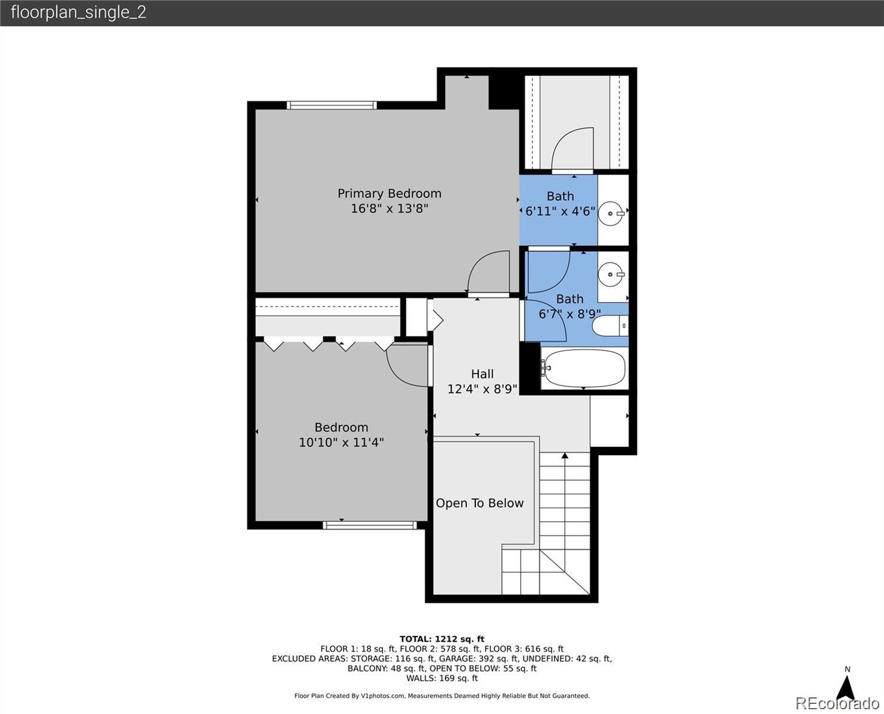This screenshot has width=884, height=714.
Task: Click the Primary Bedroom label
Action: point(390,193)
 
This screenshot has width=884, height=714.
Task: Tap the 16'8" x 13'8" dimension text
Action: point(390,208)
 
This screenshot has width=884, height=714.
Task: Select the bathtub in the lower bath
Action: point(585,368)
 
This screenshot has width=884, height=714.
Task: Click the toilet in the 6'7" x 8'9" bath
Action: point(610,325)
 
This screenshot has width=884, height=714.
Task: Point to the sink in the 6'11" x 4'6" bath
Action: point(612,214)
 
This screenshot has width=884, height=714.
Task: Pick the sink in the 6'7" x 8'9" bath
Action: point(611,274)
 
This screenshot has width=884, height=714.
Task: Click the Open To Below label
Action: point(480,503)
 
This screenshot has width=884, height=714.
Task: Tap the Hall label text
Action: point(483,374)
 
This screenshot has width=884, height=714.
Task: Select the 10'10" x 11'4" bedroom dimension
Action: point(341,442)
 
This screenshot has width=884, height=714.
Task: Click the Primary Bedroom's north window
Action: point(332,105)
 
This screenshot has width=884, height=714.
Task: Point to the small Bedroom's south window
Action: point(370,525)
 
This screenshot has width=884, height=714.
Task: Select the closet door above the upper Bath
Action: point(572,149)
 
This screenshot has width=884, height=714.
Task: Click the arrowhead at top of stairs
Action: point(565,455)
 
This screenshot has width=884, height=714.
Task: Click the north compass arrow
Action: point(847,688)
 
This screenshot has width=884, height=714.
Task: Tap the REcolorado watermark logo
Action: point(837,703)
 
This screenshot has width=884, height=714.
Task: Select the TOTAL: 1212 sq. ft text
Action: point(442,639)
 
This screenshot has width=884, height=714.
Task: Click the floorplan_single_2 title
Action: point(79,12)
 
